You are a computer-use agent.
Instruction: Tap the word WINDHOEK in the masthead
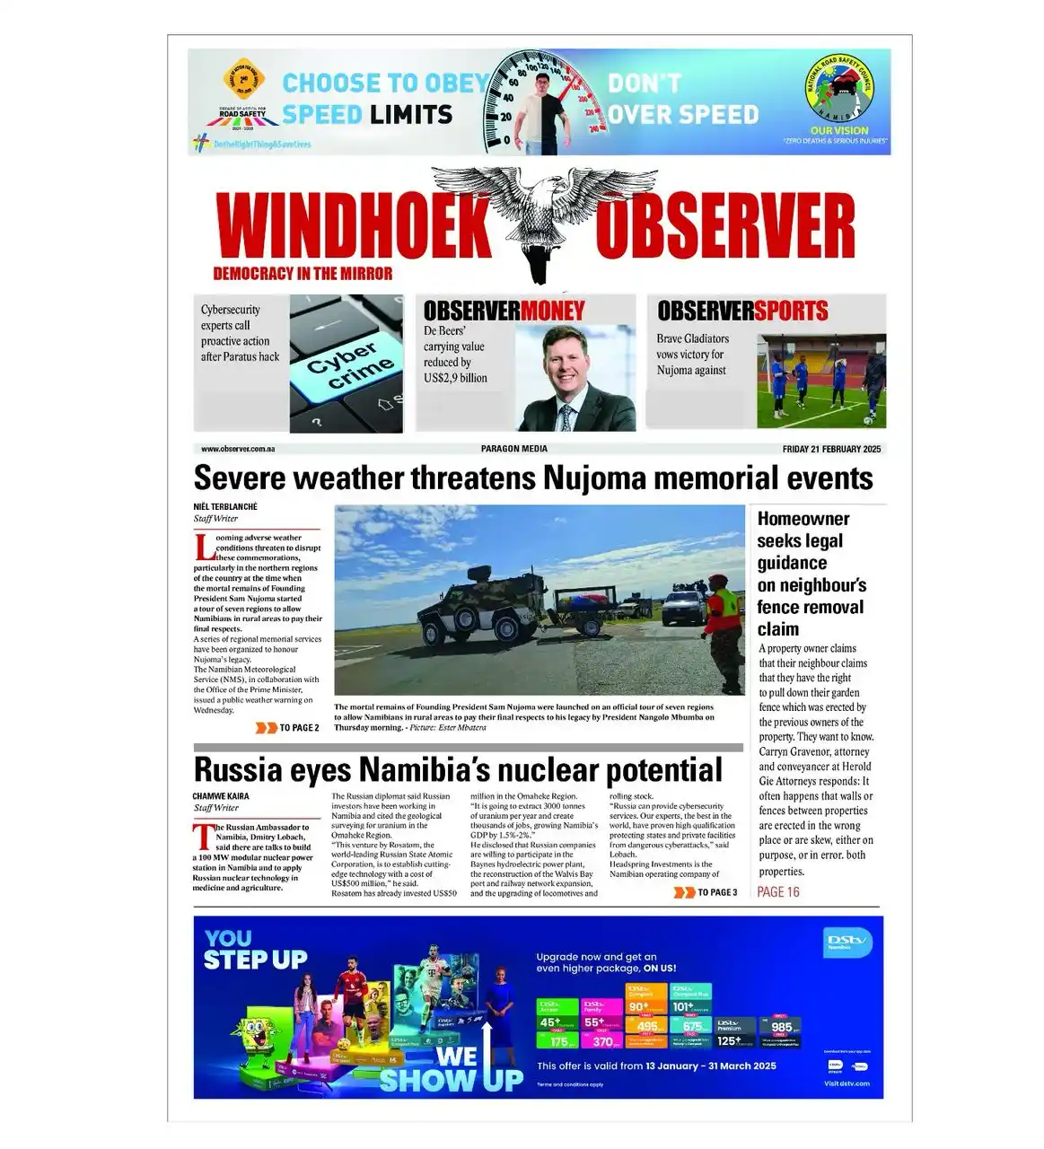355,226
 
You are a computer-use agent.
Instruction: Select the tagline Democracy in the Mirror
303,274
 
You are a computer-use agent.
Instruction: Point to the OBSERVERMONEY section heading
504,311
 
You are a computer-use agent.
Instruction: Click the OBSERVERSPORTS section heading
742,311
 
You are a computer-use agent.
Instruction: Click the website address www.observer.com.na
238,449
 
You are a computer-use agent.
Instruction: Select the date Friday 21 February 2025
831,449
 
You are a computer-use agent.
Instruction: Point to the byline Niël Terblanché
225,506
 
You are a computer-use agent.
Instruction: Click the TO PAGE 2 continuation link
289,728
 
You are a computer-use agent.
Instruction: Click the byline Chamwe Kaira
221,796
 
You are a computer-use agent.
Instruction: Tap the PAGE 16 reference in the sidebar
777,891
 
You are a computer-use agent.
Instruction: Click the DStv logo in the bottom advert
847,942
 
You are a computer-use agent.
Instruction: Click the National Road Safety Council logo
838,93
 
